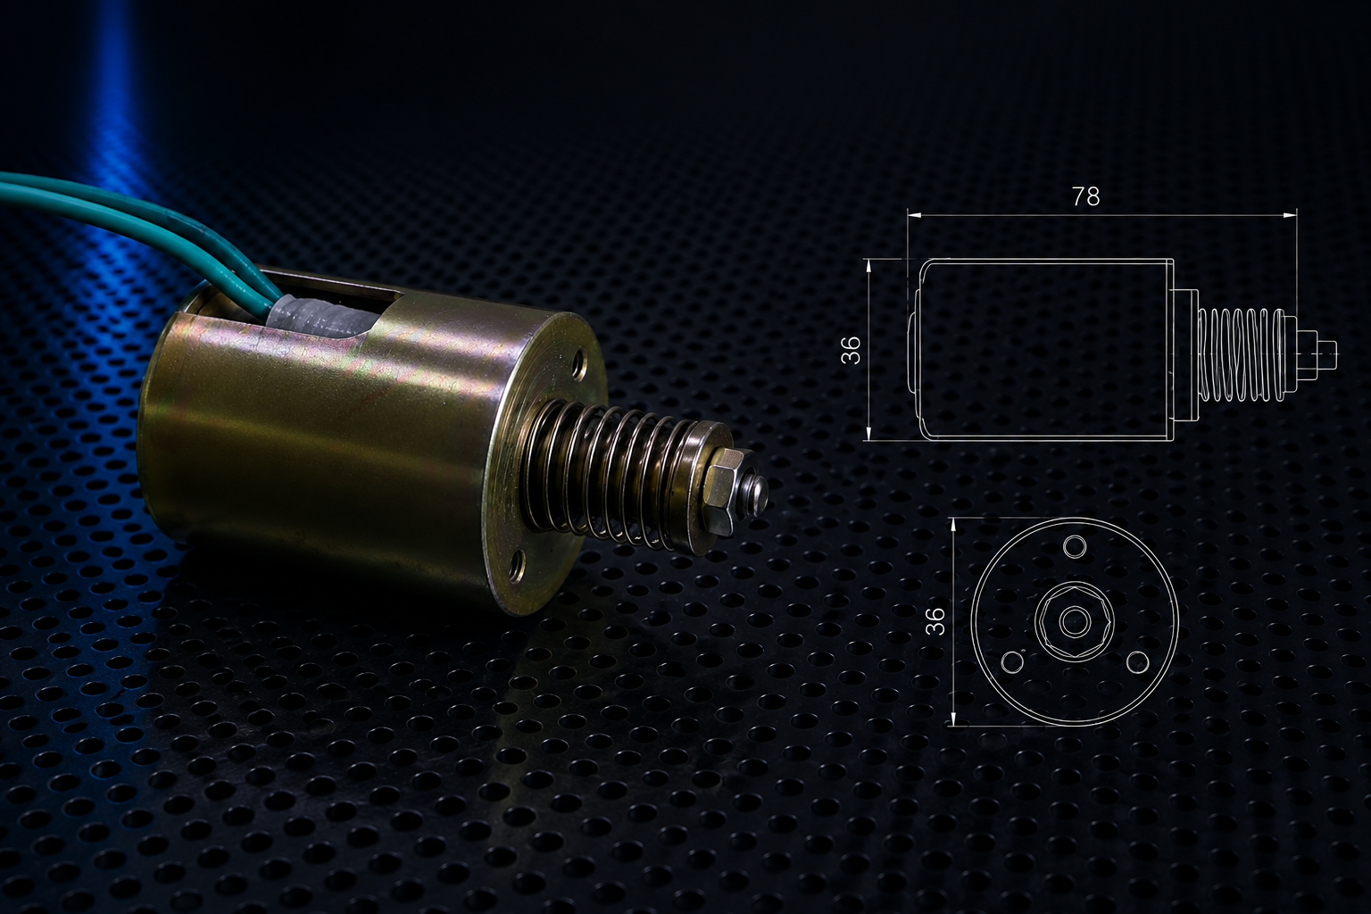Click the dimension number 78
(x=1085, y=195)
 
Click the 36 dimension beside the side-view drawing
(x=851, y=350)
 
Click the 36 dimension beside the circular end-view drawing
(x=935, y=620)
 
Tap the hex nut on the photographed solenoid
(x=724, y=491)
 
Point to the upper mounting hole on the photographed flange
(x=579, y=366)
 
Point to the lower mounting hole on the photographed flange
(x=518, y=566)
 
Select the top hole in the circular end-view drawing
(x=1075, y=546)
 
